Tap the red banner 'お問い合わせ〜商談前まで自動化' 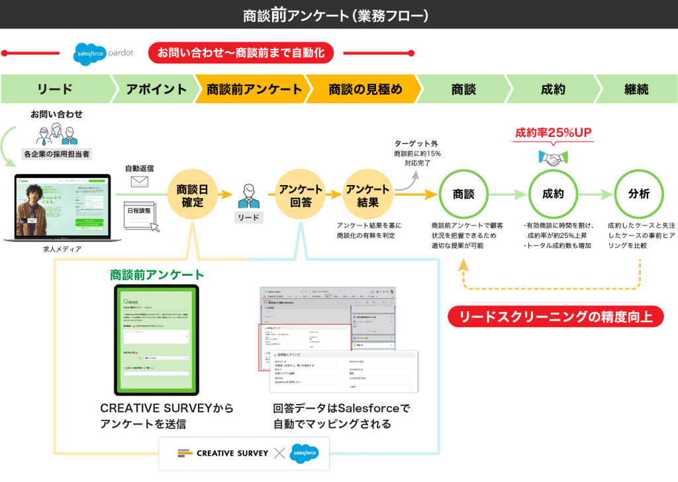240,53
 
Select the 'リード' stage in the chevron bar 55,89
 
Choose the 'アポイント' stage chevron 156,89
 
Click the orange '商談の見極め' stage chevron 365,89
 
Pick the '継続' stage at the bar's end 636,89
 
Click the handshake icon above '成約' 553,157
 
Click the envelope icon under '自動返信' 139,181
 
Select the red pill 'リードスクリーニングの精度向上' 556,317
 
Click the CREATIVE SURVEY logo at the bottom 223,453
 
